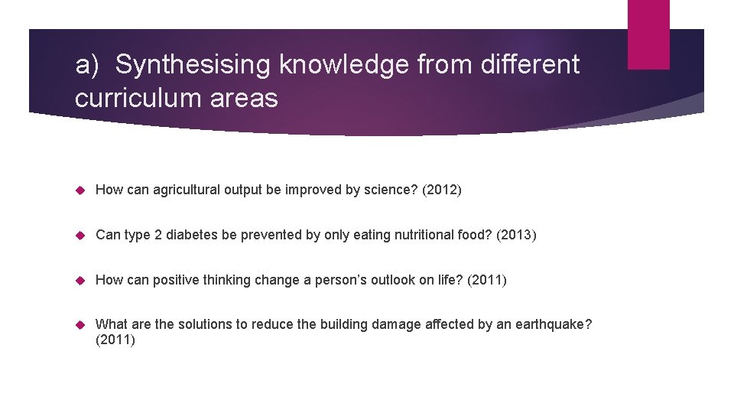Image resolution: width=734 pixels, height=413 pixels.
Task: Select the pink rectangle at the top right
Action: [648, 34]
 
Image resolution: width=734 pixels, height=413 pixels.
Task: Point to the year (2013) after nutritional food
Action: [517, 235]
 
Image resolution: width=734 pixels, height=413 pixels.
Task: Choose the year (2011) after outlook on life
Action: [487, 280]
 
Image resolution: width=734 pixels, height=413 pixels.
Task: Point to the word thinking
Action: [223, 280]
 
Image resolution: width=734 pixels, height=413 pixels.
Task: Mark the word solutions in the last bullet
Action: [205, 324]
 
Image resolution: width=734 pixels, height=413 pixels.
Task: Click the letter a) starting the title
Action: [86, 66]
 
